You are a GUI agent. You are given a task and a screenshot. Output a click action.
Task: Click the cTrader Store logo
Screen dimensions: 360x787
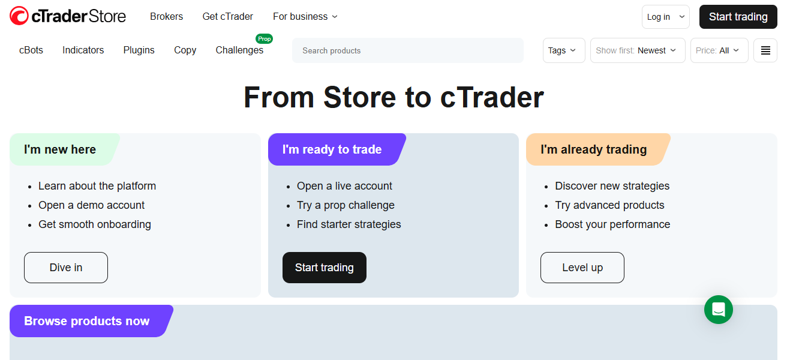[68, 16]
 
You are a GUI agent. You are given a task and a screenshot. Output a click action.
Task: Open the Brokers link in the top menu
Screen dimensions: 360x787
[166, 17]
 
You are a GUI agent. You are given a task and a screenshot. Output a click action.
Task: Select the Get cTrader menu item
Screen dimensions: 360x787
[228, 17]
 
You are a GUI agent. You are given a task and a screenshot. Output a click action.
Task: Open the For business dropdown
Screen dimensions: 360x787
[305, 17]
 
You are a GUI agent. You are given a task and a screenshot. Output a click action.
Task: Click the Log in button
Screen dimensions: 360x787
[665, 17]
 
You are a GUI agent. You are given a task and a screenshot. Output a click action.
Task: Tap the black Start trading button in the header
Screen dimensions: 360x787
[738, 17]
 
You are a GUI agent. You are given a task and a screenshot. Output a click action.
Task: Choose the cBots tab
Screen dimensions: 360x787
[31, 50]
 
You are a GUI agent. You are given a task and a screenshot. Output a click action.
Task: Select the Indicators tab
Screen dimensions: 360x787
[83, 50]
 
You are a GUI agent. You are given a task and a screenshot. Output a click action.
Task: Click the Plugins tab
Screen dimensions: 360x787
[139, 50]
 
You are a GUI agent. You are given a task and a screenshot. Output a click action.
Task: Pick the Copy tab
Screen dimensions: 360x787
[185, 50]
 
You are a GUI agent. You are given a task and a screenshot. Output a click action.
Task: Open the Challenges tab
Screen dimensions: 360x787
[239, 50]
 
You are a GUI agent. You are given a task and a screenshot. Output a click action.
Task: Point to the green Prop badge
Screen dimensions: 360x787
[264, 39]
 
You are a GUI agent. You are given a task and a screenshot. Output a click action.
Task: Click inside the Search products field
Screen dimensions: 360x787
[408, 50]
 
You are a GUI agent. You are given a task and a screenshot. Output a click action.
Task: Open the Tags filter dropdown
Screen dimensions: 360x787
[563, 50]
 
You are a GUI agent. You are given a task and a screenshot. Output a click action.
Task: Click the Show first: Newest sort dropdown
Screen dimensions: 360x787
[638, 50]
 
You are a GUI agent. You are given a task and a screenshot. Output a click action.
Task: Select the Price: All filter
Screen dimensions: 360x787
[719, 50]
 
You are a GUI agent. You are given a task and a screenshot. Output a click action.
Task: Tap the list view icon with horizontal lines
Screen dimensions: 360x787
[765, 50]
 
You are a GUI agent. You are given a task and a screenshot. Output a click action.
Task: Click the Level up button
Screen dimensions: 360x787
[582, 268]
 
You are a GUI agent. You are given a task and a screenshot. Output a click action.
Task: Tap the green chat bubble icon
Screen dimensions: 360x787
[719, 310]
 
